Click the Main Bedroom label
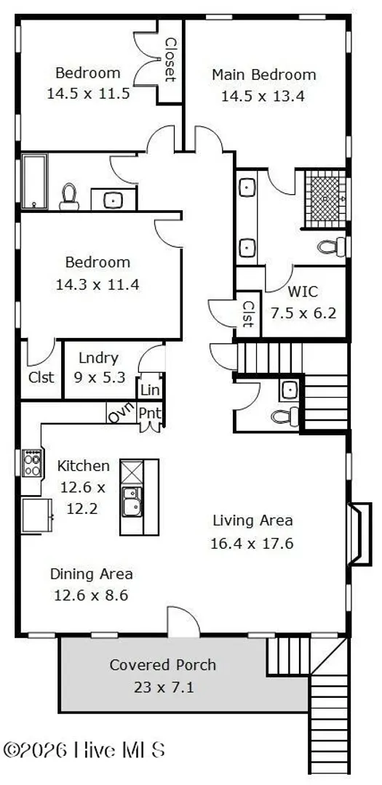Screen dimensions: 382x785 coord(263,75)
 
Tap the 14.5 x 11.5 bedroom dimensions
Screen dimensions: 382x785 coord(88,93)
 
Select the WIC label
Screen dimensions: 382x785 coord(302,291)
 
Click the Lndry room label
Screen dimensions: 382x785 coord(99,358)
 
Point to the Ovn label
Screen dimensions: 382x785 coord(122,414)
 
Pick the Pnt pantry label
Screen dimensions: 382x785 coord(149,414)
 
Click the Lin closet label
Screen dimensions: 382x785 coord(150,390)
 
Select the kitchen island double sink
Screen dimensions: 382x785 coord(132,501)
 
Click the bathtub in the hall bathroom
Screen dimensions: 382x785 coord(34,181)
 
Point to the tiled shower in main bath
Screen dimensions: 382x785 coord(325,198)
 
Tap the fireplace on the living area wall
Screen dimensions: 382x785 coord(360,534)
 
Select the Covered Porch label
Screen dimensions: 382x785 coord(163,665)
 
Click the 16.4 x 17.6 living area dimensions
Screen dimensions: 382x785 coord(252,543)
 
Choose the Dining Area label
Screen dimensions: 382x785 coord(91,573)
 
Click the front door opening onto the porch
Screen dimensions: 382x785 coord(183,622)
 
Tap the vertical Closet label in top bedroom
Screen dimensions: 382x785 coord(170,60)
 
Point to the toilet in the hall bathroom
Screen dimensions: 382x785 coord(69,197)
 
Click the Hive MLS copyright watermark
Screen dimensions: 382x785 coord(84,750)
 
